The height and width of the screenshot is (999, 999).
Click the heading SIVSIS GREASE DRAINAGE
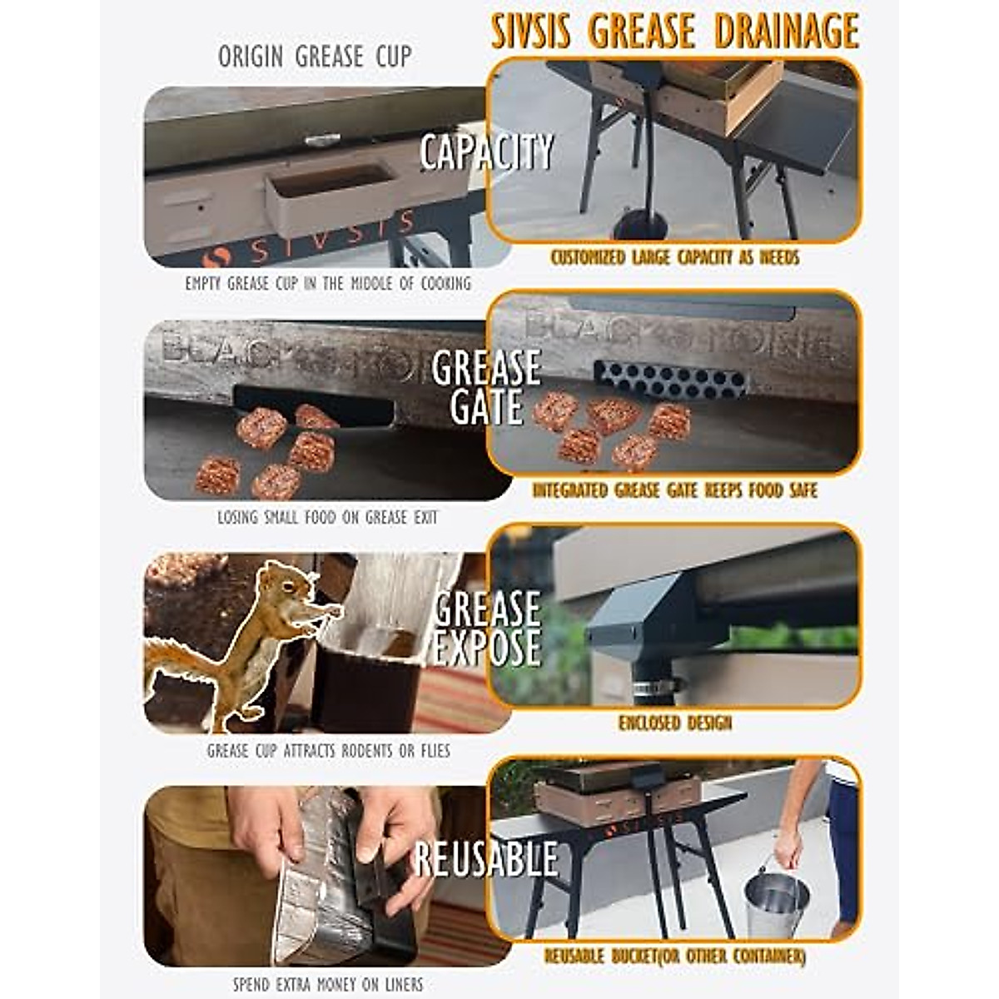pos(674,32)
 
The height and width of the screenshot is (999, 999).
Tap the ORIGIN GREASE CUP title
pos(315,57)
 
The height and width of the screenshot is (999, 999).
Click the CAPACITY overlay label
pos(486,152)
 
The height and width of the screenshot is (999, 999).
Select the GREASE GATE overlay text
pos(486,387)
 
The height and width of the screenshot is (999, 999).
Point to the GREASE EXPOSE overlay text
pos(487,629)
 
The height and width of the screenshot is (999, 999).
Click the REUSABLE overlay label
pos(486,859)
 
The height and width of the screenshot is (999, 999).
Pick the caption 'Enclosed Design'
pos(674,723)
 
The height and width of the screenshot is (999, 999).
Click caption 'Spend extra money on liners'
pos(328,984)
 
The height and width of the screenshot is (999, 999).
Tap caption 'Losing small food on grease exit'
pos(327,517)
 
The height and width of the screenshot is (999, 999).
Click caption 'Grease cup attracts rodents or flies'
pos(328,751)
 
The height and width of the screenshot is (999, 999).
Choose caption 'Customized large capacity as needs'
pos(674,257)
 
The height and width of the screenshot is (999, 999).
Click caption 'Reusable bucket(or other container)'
pos(674,957)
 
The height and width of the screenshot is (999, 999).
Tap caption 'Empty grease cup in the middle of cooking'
pos(328,283)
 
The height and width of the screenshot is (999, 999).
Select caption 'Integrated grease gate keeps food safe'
pos(674,490)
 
